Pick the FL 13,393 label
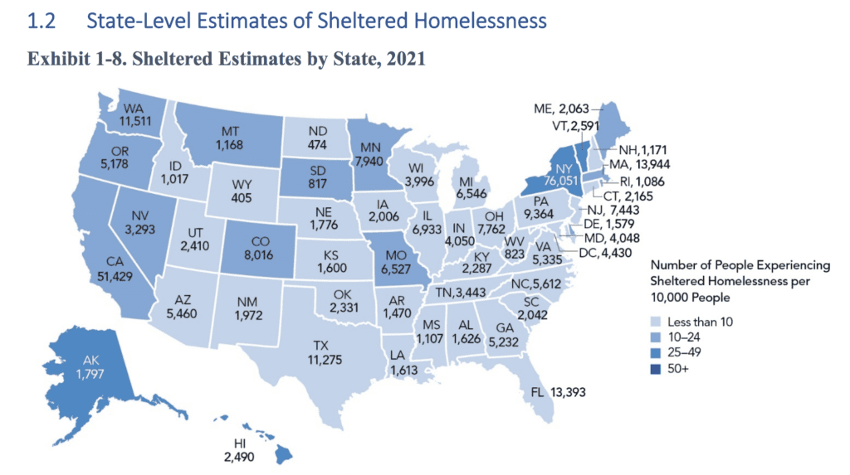pos(557,391)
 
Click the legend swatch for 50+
pos(654,366)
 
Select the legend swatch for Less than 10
pos(654,322)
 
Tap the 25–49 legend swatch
pos(654,351)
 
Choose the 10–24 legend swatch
pos(654,337)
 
